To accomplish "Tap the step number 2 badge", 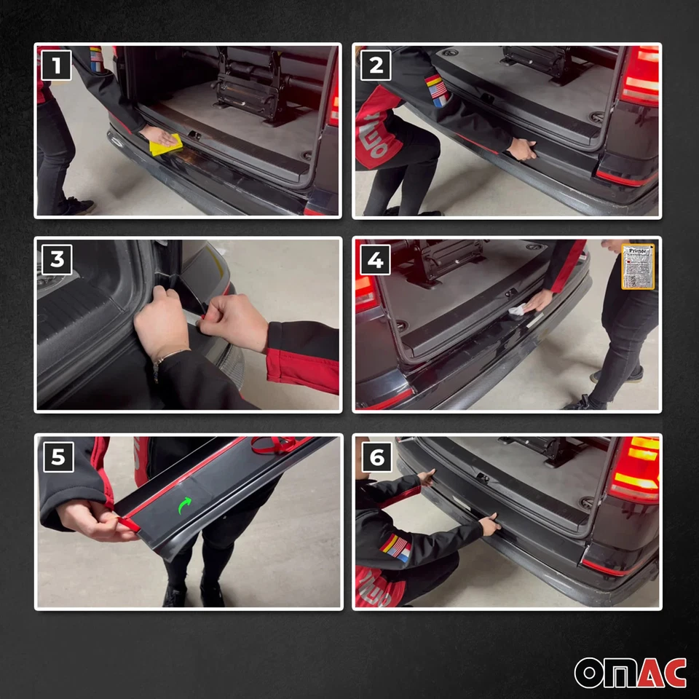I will (x=376, y=66).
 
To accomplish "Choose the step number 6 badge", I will (x=376, y=457).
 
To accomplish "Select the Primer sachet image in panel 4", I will (x=638, y=266).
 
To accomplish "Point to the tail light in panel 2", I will (x=639, y=76).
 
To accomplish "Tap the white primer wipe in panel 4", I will (x=518, y=311).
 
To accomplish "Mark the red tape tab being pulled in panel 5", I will (x=128, y=523).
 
